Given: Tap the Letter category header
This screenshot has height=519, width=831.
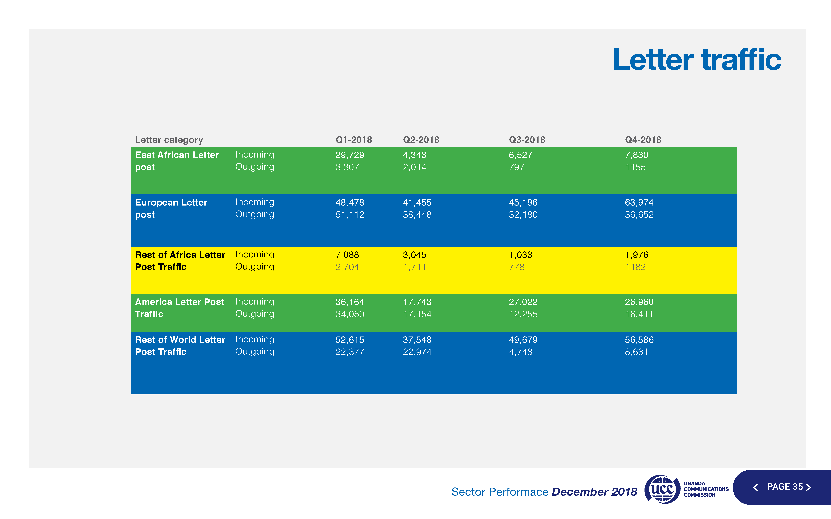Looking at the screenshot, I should coord(169,140).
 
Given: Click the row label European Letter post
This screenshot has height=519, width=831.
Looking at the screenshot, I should coord(171,208).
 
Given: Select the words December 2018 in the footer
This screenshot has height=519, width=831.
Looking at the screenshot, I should coord(594,492).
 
